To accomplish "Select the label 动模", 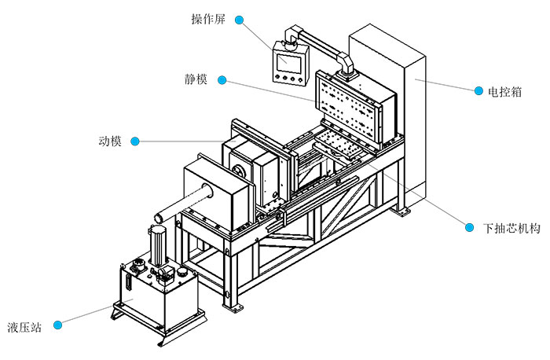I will pos(110,141).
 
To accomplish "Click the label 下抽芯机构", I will pos(511,228).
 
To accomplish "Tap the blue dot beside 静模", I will pos(222,80).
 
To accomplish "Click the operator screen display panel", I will pos(286,61).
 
